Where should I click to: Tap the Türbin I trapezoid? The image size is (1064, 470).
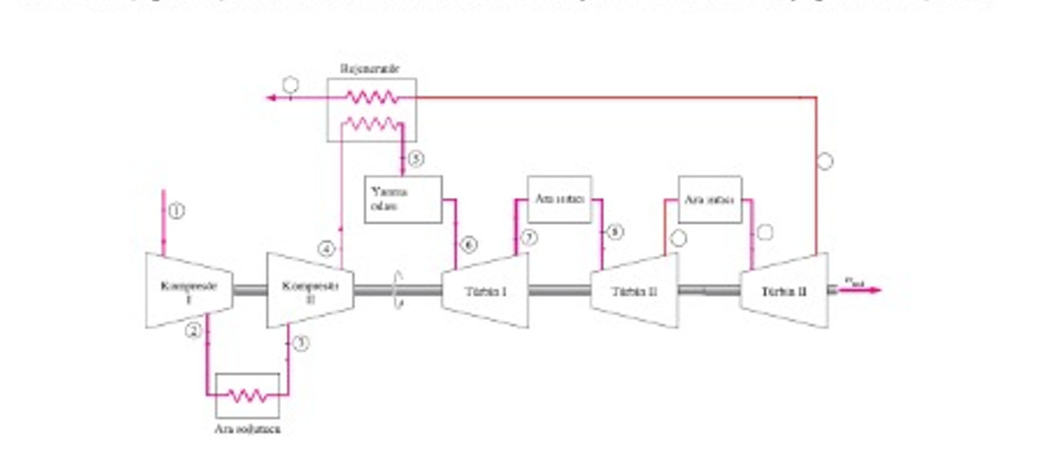click(x=485, y=291)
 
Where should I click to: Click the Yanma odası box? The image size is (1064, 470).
click(x=403, y=200)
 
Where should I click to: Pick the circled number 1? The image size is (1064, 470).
click(x=176, y=210)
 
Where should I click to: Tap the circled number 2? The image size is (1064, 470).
click(x=193, y=330)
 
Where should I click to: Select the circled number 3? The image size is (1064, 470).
click(x=302, y=343)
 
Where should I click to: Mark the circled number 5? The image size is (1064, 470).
click(x=416, y=159)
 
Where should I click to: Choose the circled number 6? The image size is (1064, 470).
click(x=469, y=244)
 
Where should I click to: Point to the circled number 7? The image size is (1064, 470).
click(x=529, y=238)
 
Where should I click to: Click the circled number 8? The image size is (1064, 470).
click(x=616, y=232)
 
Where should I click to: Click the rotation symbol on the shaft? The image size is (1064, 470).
click(x=398, y=290)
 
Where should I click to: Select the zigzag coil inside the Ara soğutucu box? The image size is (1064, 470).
click(x=247, y=396)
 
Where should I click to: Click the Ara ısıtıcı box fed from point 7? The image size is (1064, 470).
click(x=559, y=200)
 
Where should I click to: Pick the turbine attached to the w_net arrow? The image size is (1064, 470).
click(x=784, y=291)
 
